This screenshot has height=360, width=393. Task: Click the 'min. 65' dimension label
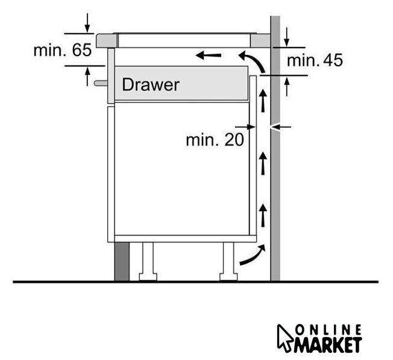pos(63,50)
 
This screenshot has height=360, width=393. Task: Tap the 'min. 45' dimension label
pos(315,60)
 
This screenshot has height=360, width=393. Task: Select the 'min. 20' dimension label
pos(215,139)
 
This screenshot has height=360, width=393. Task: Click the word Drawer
pos(150,85)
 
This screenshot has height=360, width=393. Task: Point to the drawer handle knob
pos(101,83)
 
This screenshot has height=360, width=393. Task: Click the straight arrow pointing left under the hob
pos(209,55)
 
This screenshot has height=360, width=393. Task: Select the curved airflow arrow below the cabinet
pos(253,254)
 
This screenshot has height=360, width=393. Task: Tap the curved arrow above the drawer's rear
pos(254,60)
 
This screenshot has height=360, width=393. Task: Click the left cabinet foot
pos(148,262)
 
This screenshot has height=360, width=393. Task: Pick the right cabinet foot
pos(228,262)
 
